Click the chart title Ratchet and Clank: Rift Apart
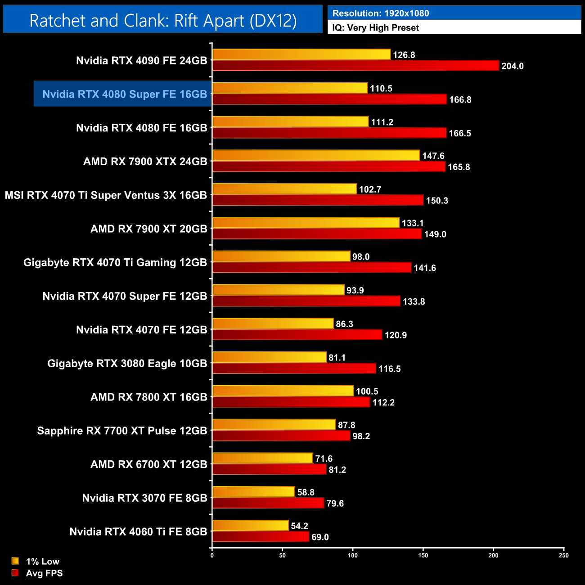163,20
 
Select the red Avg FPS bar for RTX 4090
355,66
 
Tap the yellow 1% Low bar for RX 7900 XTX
316,155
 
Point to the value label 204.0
513,66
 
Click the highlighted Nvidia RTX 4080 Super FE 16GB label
124,94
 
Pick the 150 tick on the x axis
423,555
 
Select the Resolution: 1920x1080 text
381,13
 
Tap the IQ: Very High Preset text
375,28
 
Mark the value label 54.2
299,526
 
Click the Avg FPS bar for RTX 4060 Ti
261,537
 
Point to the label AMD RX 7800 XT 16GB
148,397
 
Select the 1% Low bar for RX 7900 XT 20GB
306,223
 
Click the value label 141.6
425,268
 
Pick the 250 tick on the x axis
564,555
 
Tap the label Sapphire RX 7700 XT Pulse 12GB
122,431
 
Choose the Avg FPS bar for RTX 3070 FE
268,503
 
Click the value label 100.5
367,391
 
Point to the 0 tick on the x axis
212,555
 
